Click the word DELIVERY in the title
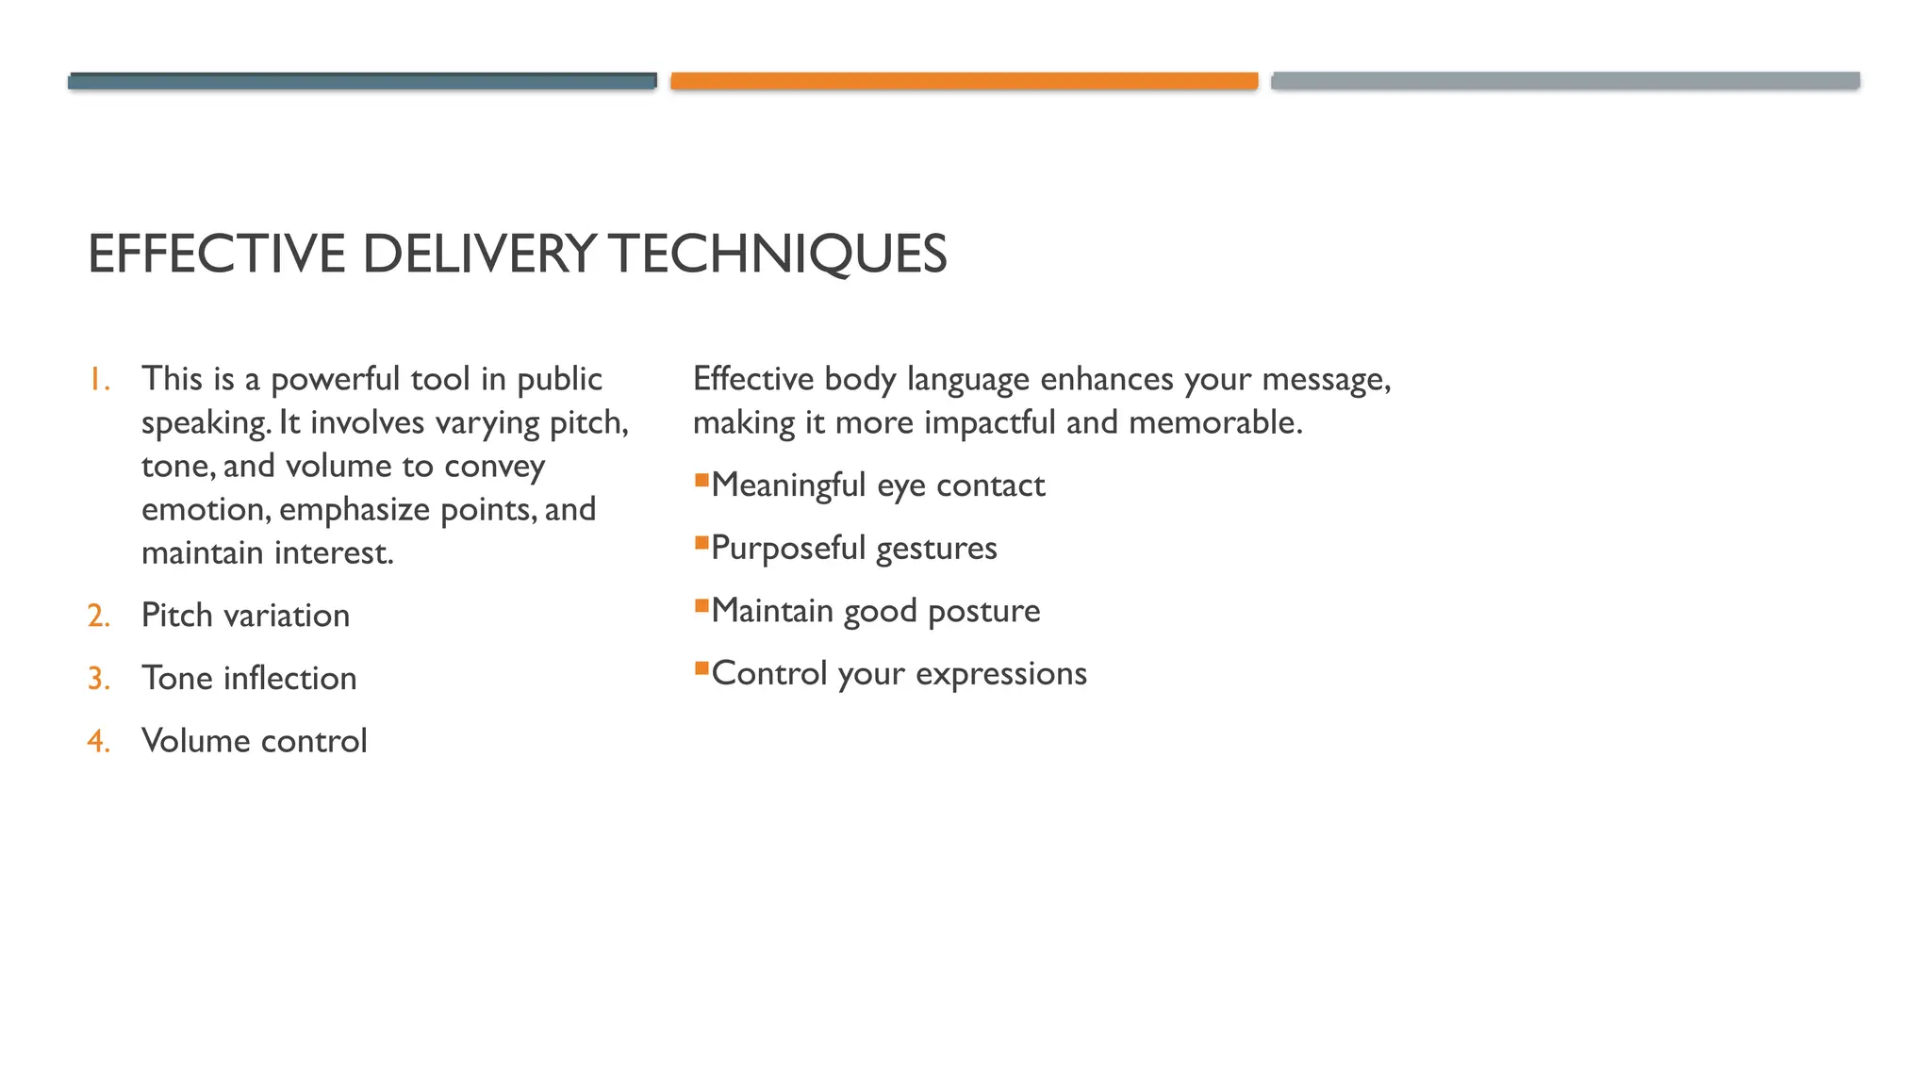[478, 255]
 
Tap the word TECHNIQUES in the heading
[777, 255]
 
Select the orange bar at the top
[964, 81]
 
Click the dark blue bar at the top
[362, 81]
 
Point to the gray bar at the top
[1565, 81]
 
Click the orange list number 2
[98, 617]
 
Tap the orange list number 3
[98, 679]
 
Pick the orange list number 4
[98, 742]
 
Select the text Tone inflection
[249, 679]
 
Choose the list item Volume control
[254, 742]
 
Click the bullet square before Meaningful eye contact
[701, 481]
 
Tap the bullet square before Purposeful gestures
[701, 543]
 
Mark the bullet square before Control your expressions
[701, 669]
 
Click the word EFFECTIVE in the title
[217, 255]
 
